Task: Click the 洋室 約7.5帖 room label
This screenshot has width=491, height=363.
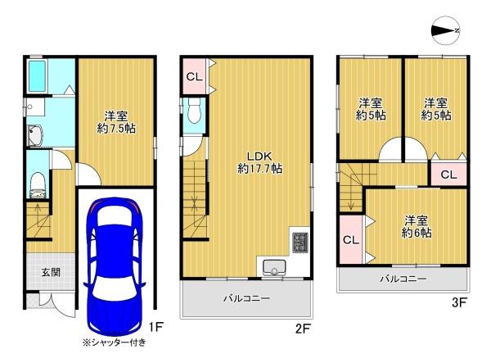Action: coord(115,122)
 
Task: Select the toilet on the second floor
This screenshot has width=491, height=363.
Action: coord(193,111)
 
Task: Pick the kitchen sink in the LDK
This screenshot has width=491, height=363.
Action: coord(271,265)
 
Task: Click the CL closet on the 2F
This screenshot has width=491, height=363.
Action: coord(195,78)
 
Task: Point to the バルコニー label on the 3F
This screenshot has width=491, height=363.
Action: coord(403,279)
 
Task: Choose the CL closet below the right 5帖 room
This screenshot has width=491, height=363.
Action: coord(449,175)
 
